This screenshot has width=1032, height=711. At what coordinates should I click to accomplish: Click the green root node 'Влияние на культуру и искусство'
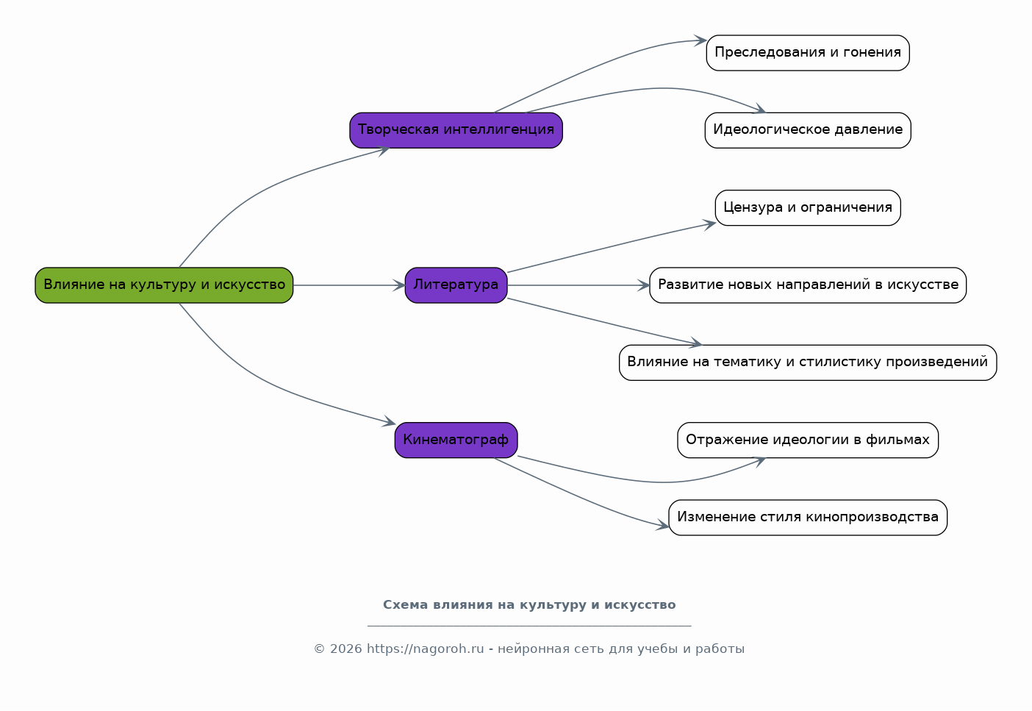point(164,285)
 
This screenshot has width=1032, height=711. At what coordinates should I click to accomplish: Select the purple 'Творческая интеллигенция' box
point(456,130)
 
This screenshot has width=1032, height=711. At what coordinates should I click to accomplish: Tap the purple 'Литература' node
point(456,285)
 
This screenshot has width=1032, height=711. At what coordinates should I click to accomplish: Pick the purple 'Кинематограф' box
point(456,440)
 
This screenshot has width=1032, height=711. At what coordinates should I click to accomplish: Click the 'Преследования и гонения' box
point(808,53)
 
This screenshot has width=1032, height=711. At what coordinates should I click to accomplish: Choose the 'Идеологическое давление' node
point(808,130)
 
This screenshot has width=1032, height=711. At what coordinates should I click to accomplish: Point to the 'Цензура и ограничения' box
point(808,208)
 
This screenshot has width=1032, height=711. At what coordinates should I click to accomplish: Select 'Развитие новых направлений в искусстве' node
point(808,285)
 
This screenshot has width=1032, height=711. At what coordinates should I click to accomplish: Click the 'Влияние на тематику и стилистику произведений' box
point(808,362)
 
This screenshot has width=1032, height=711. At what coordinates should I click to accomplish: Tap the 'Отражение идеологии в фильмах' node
point(808,440)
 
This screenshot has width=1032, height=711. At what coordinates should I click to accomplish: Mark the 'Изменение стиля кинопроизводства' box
point(808,518)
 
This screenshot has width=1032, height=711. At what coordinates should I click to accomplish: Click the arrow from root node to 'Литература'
point(349,285)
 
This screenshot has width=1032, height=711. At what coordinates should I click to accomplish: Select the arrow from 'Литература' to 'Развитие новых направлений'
point(578,285)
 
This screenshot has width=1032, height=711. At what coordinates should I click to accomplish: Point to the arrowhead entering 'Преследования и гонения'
point(701,40)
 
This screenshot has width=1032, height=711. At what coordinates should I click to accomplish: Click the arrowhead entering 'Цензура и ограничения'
point(710,224)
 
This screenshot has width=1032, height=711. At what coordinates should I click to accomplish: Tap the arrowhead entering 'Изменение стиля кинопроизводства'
point(662,524)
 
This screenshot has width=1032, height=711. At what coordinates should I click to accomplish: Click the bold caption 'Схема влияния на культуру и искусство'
point(529,604)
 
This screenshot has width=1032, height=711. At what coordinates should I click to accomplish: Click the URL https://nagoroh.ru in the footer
point(426,649)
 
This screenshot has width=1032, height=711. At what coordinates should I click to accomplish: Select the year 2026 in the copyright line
point(346,649)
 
